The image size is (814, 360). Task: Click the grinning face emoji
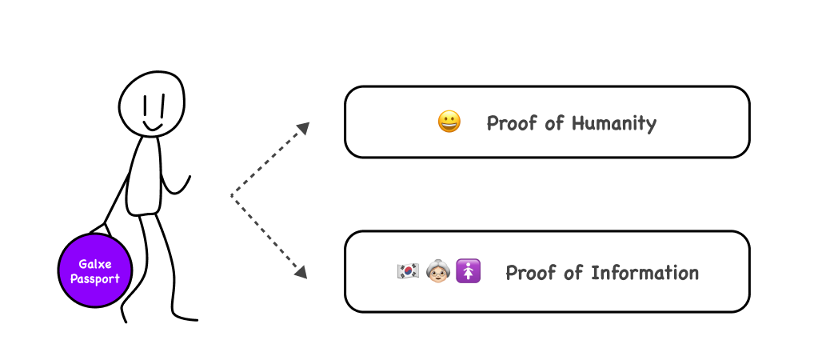[x=449, y=122]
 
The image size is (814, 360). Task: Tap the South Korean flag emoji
[x=408, y=272]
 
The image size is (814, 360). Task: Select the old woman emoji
[x=438, y=272]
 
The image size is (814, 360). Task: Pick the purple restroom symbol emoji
[x=469, y=272]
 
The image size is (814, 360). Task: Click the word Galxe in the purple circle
[x=94, y=264]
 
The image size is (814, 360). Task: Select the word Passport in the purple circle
[x=94, y=279]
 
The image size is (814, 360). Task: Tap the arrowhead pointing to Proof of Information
[x=301, y=272]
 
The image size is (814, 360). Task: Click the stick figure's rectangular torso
[x=144, y=176]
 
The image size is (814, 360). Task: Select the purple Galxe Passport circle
[x=94, y=271]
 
